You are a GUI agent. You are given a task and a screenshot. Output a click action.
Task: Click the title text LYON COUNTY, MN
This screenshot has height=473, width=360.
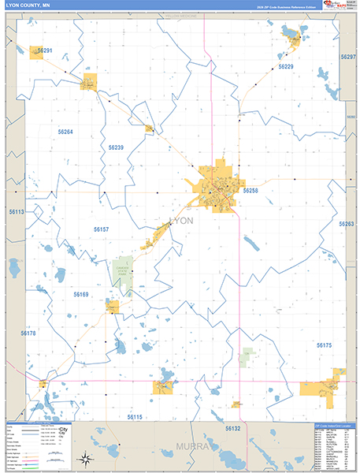tap(27, 6)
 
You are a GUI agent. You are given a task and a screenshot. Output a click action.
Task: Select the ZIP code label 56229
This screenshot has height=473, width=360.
tap(285, 67)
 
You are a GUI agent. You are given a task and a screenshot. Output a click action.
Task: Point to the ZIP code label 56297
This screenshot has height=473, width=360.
tap(348, 58)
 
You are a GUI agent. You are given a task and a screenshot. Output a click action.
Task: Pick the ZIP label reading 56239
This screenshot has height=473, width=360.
tap(116, 147)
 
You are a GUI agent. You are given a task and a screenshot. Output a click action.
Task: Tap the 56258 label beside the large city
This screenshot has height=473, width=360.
tap(251, 191)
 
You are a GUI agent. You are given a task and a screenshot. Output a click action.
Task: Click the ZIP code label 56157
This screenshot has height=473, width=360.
tap(101, 229)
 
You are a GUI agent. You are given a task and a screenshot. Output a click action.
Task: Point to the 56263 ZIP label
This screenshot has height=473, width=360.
tap(347, 224)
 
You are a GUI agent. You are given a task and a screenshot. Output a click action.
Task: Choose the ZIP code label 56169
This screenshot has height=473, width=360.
tap(81, 294)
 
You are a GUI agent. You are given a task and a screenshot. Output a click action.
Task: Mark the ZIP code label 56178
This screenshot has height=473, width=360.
tap(28, 333)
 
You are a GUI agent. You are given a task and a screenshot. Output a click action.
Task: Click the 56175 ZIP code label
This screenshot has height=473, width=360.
tap(325, 345)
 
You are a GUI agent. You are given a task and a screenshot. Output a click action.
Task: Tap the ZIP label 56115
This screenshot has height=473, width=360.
tap(134, 416)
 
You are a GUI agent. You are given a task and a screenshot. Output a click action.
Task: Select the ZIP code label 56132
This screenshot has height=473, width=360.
tap(232, 428)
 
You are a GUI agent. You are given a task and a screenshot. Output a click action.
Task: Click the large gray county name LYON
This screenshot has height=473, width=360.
tap(181, 221)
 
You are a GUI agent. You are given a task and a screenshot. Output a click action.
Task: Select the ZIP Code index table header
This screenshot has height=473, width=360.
tap(331, 425)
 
